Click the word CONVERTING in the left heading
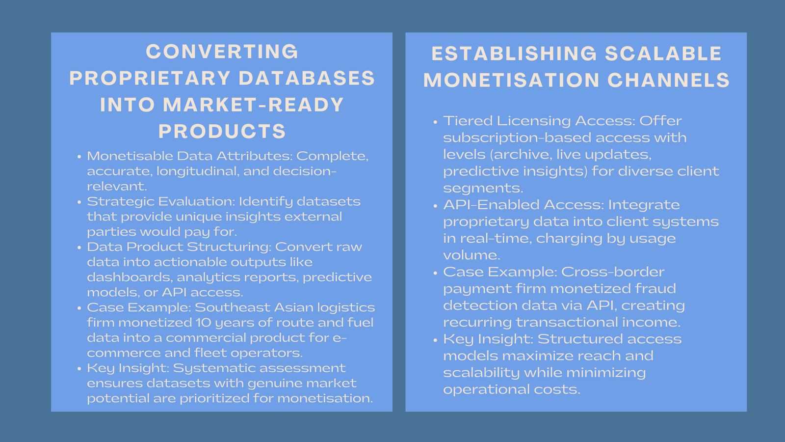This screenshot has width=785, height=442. tap(222, 52)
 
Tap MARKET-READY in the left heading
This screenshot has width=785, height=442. tap(253, 105)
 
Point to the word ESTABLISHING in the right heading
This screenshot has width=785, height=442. tap(514, 54)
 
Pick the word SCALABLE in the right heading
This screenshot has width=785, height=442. tap(663, 54)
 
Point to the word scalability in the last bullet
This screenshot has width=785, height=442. tap(481, 372)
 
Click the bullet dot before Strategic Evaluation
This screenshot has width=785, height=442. tap(79, 202)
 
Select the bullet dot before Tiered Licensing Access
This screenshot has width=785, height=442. tap(435, 122)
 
